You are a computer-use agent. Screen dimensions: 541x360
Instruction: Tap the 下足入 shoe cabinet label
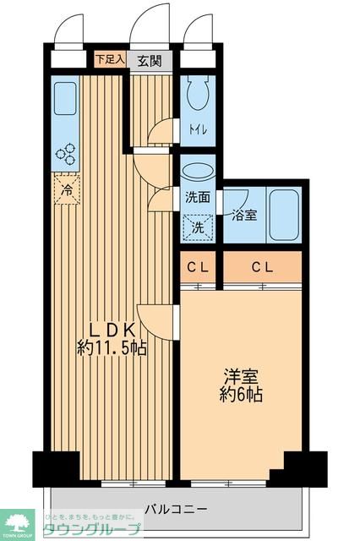(109, 60)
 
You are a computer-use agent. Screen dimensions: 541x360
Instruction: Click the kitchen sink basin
(64, 102)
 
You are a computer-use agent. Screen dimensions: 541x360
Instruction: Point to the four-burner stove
(65, 155)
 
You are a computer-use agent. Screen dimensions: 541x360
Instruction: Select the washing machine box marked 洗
(198, 227)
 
